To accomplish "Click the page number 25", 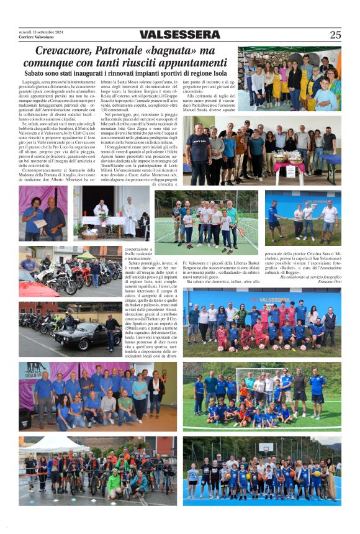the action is pos(335,35).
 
